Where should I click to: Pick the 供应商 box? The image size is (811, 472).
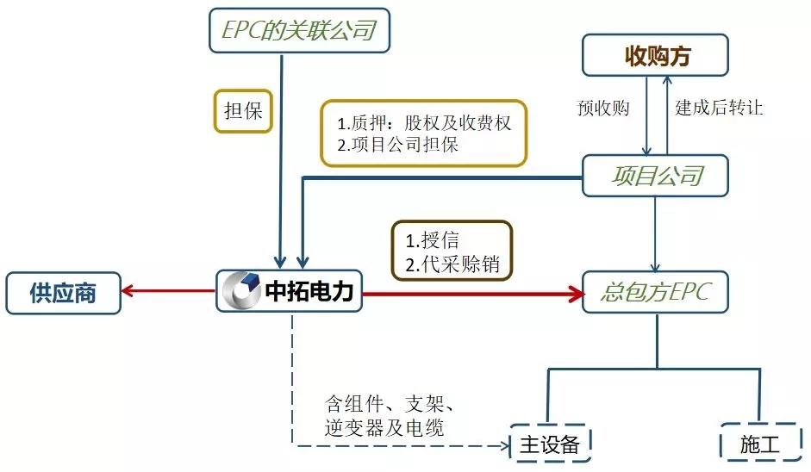pyautogui.click(x=62, y=295)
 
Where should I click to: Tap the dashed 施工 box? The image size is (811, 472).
pyautogui.click(x=758, y=443)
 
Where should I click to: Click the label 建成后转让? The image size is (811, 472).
pyautogui.click(x=719, y=109)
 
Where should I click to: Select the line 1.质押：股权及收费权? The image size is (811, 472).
pyautogui.click(x=424, y=123)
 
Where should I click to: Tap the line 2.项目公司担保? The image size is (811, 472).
pyautogui.click(x=397, y=145)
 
